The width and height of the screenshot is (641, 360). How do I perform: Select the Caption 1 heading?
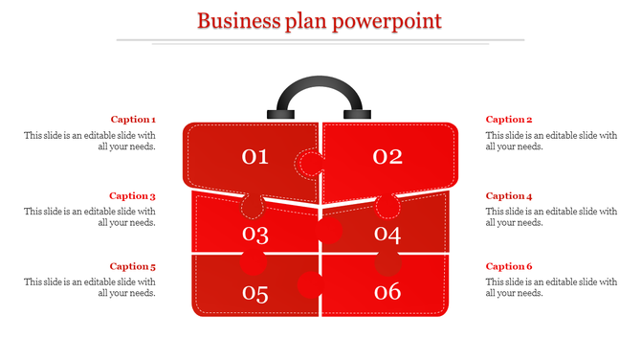[x=133, y=120]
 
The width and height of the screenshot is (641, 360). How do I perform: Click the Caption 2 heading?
[x=509, y=120]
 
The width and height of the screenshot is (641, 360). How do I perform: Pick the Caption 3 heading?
[x=133, y=196]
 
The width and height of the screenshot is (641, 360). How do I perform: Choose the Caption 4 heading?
[x=509, y=196]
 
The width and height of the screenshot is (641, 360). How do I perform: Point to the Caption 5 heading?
[x=133, y=267]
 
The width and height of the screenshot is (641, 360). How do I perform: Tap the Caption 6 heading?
[x=509, y=267]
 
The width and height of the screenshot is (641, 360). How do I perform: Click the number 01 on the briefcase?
[x=255, y=157]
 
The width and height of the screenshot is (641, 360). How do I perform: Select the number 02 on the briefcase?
[x=387, y=157]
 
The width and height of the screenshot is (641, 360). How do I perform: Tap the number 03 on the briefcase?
[x=255, y=234]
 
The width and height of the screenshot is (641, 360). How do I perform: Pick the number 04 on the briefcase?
[x=387, y=234]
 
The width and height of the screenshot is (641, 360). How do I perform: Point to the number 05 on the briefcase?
[x=255, y=294]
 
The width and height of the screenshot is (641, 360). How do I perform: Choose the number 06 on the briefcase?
[x=387, y=293]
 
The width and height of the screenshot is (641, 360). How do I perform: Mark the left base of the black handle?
[x=282, y=114]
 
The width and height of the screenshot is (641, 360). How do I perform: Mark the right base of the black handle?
[x=357, y=114]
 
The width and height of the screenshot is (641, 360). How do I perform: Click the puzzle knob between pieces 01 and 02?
[x=307, y=165]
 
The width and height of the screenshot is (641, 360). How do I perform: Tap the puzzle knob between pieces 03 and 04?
[x=329, y=230]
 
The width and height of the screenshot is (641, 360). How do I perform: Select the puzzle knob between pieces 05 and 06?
[x=309, y=284]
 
